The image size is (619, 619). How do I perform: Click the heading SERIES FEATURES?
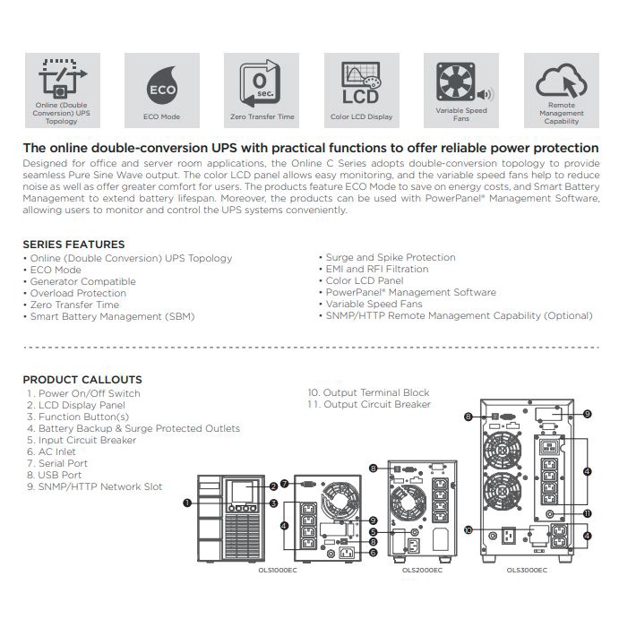point(73,244)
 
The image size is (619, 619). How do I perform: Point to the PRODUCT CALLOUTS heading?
point(82,379)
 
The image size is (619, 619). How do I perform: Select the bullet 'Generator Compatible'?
point(82,281)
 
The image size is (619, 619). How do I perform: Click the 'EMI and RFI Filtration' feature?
point(376,269)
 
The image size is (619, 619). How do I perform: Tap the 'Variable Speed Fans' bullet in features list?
point(374,304)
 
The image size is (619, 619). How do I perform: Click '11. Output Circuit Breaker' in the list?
point(369,405)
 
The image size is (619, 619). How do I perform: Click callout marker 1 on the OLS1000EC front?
point(187,503)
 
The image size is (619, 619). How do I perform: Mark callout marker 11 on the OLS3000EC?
point(587,513)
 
